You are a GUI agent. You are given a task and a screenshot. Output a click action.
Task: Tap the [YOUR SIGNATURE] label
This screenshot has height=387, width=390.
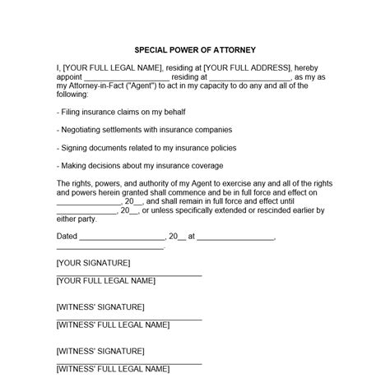tap(93, 263)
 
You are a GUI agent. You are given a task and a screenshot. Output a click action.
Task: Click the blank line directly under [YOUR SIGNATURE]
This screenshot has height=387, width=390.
tap(128, 274)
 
